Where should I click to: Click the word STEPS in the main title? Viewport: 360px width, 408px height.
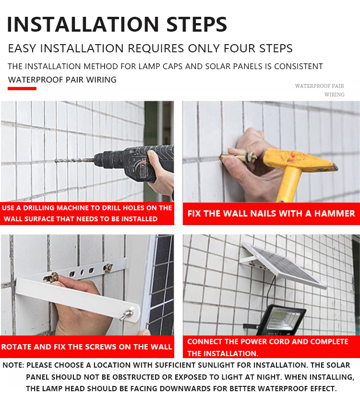click(197, 24)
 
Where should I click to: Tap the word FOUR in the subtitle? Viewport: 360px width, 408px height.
click(238, 48)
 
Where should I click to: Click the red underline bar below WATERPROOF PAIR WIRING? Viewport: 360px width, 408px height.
click(22, 88)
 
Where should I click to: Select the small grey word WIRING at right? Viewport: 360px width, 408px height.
click(334, 95)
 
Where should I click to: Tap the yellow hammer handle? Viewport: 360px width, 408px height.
click(289, 184)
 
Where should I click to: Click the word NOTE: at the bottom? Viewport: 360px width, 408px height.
click(13, 365)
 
